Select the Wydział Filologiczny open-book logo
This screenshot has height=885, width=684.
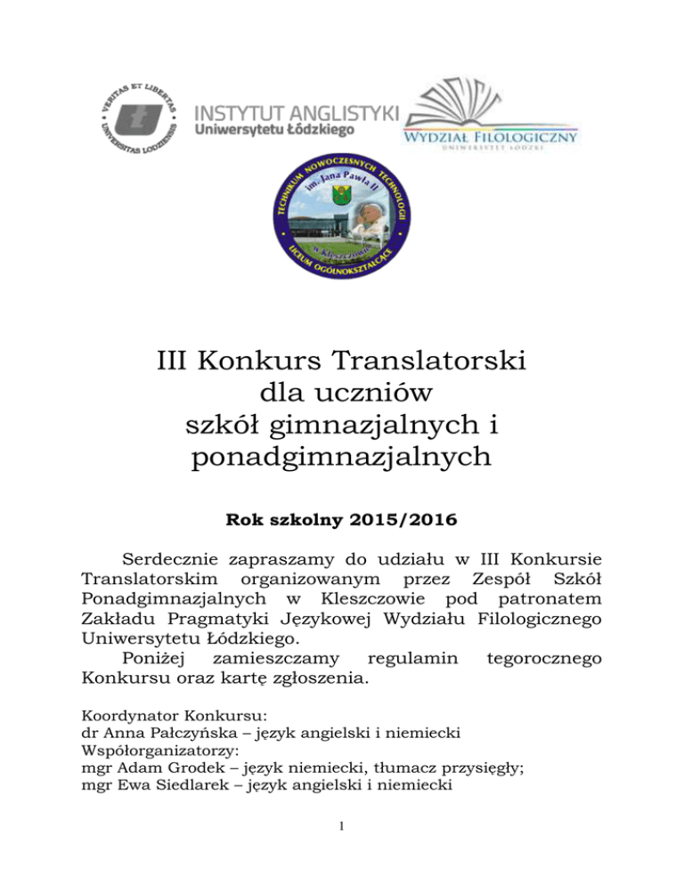(x=491, y=114)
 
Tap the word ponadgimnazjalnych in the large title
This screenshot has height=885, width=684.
(x=342, y=459)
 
